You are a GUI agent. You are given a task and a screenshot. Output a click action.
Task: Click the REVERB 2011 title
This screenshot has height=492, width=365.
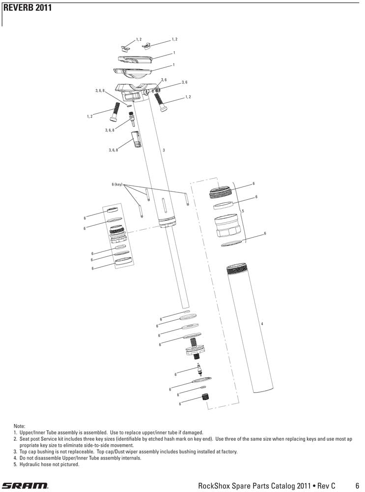tap(28, 7)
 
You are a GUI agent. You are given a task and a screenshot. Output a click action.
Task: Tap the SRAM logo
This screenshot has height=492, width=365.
tap(25, 485)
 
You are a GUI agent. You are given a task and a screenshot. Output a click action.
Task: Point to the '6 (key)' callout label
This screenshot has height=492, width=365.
tap(117, 184)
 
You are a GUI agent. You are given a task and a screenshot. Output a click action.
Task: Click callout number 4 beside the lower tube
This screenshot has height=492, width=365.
tap(262, 324)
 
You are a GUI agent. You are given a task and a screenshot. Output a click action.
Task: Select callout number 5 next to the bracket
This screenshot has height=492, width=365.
tap(243, 211)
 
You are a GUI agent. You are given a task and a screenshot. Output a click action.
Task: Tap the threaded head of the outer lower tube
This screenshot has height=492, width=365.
tap(239, 269)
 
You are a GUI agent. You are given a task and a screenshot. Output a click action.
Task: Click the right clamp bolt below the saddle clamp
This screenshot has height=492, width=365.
tap(160, 102)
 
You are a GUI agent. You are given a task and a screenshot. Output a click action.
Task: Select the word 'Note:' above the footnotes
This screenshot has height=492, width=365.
tap(19, 426)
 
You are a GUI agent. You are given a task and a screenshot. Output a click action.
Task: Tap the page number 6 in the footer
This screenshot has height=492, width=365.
tap(358, 485)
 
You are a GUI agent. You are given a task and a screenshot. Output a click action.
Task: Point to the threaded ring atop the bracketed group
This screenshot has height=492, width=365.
tap(222, 192)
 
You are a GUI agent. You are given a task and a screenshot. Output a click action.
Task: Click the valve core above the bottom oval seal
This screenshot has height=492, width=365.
tap(199, 369)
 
